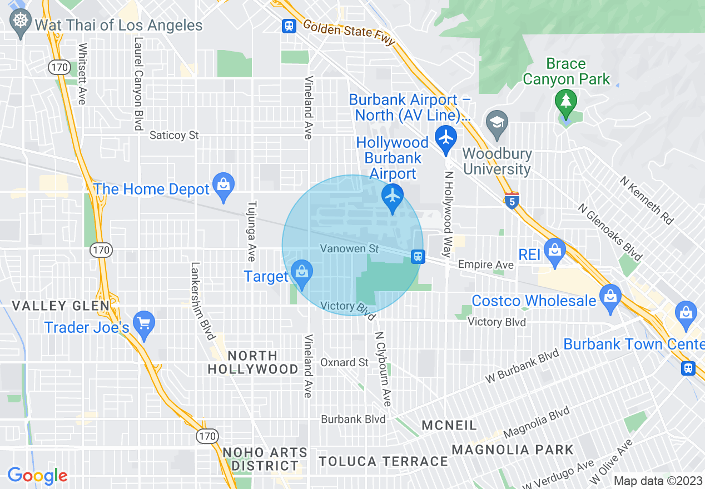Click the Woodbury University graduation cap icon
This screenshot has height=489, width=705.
coord(496,123)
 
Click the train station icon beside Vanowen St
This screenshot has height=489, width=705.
coord(418,257)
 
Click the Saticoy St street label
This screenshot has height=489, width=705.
coord(174,135)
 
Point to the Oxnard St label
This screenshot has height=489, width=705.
coord(344,362)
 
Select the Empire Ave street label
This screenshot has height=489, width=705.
coord(485,265)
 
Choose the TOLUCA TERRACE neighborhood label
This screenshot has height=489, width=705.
coord(383,461)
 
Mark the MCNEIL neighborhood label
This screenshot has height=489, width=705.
coord(449,426)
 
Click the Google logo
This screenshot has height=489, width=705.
coord(37,476)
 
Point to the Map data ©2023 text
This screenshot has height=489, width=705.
coord(658,481)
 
